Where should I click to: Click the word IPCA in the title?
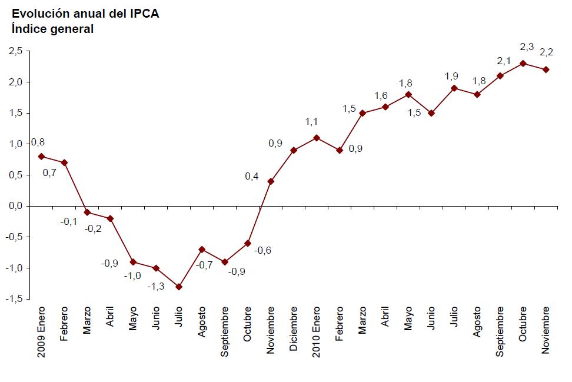point(143,14)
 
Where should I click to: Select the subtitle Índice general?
point(52,28)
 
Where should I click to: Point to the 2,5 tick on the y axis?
point(15,51)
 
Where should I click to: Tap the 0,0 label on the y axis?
point(15,206)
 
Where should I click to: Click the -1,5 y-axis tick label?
point(14,299)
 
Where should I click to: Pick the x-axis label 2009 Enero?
point(41,332)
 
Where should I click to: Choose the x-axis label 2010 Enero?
point(317,332)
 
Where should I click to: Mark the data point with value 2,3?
point(523,64)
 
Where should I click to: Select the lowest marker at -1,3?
point(179,287)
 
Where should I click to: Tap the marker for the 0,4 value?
point(271,181)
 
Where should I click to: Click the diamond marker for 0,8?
point(41,157)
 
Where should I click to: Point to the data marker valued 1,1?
point(317,138)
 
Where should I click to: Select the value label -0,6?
point(262,250)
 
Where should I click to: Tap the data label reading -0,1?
point(69,221)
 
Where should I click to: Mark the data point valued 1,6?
point(385,107)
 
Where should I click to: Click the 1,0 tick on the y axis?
point(15,144)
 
